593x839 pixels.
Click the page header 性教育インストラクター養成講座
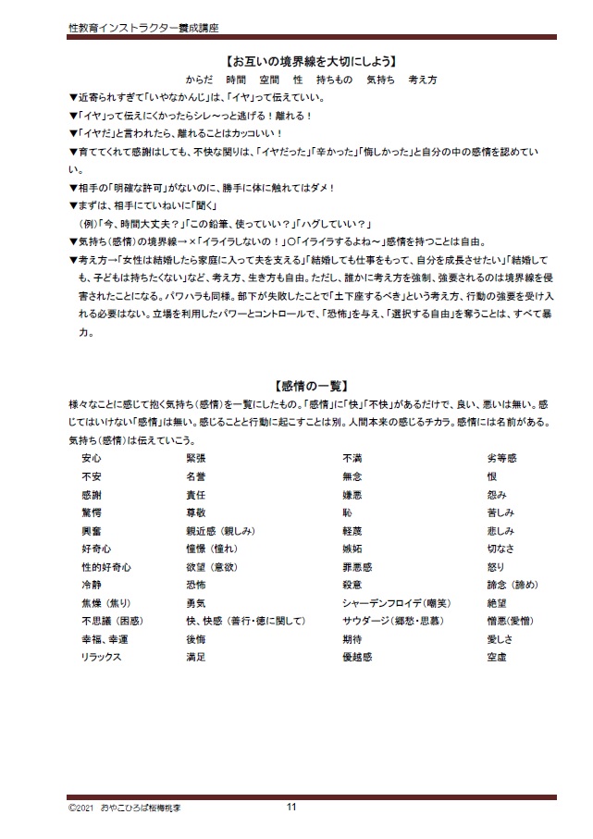[143, 29]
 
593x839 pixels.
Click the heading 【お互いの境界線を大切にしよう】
[296, 62]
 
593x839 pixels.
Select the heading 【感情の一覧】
[297, 386]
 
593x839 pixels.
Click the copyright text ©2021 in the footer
[81, 807]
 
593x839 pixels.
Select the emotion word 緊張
[195, 458]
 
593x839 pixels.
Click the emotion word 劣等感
[501, 458]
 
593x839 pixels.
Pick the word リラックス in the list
[102, 657]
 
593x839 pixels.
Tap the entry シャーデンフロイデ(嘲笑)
[389, 603]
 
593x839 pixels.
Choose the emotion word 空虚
[497, 657]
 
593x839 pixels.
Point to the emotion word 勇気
[195, 603]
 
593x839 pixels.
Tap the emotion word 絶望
[497, 603]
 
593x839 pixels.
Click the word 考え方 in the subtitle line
[422, 80]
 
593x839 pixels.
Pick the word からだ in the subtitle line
[199, 80]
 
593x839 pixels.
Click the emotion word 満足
[195, 657]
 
